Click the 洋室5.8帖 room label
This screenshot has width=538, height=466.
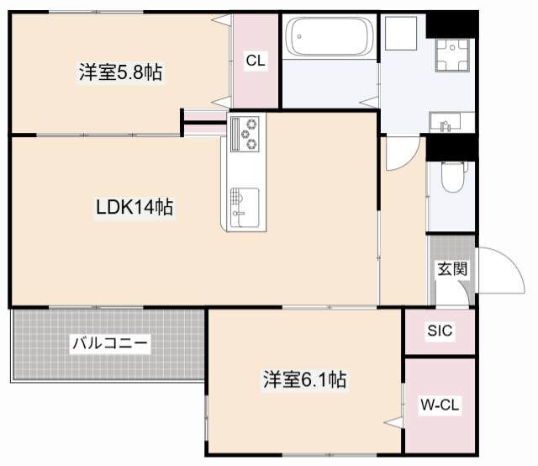(120, 73)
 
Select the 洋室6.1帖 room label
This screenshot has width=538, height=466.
(303, 380)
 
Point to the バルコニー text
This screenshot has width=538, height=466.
(109, 343)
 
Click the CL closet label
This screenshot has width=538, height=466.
(256, 60)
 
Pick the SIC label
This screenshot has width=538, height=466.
(439, 331)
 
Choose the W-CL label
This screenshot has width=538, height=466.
(439, 405)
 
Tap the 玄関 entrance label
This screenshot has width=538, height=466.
(451, 269)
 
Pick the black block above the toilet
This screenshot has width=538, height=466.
(451, 146)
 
